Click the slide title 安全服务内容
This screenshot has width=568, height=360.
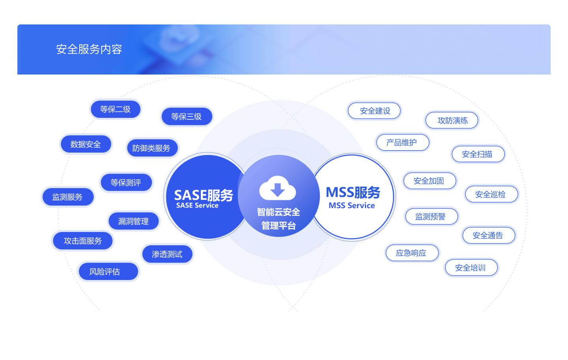tap(89, 49)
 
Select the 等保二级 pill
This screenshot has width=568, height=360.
tap(116, 109)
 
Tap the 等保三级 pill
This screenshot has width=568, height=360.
tap(187, 116)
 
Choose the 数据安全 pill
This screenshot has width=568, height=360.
tap(86, 144)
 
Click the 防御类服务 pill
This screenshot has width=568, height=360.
tap(151, 148)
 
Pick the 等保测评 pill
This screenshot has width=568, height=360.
tap(126, 183)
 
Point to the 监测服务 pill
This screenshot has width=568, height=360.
tap(67, 197)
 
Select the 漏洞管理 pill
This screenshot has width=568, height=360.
tap(133, 221)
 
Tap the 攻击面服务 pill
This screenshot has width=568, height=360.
tap(83, 241)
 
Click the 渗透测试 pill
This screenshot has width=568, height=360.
tap(167, 254)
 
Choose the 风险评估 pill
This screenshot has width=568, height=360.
tap(105, 272)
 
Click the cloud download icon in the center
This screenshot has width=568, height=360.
tap(278, 188)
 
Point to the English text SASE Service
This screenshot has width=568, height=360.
tap(197, 205)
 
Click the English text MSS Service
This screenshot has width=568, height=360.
tap(352, 205)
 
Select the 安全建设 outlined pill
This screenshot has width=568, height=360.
tap(375, 111)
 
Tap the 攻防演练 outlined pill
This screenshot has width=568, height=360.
tap(452, 120)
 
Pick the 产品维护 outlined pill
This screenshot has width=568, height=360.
tap(402, 142)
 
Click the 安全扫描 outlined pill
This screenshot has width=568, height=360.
tap(477, 154)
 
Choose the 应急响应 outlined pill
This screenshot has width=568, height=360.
tap(411, 253)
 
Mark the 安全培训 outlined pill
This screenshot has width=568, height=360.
tap(471, 268)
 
